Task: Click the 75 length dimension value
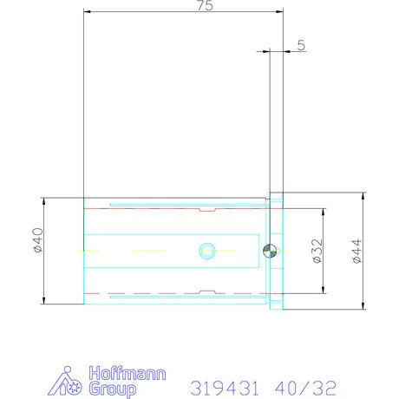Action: [x=204, y=6]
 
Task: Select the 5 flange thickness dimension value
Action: [x=300, y=46]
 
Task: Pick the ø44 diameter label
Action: [x=356, y=251]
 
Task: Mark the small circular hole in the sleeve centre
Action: [x=206, y=251]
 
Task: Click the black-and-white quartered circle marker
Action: [x=269, y=251]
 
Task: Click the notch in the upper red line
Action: [x=206, y=210]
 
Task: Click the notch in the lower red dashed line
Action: [x=206, y=291]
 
